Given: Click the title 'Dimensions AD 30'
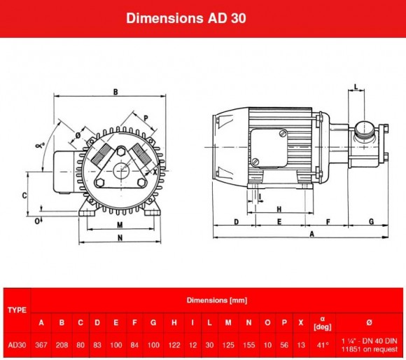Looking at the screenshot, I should pyautogui.click(x=202, y=18).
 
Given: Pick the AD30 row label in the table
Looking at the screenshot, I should pyautogui.click(x=16, y=345).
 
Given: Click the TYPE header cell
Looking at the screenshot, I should pyautogui.click(x=16, y=309).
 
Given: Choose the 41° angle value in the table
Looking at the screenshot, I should pyautogui.click(x=323, y=345).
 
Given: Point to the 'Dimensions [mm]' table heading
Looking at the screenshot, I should pyautogui.click(x=216, y=300).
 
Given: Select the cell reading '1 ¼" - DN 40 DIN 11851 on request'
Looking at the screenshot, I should pyautogui.click(x=370, y=345).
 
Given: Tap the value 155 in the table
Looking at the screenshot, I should pyautogui.click(x=248, y=345).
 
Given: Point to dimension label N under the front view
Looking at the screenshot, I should pyautogui.click(x=120, y=238).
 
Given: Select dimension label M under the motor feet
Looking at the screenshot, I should pyautogui.click(x=120, y=226).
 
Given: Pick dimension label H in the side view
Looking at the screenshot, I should pyautogui.click(x=279, y=209).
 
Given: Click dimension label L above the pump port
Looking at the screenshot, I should pyautogui.click(x=356, y=88).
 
